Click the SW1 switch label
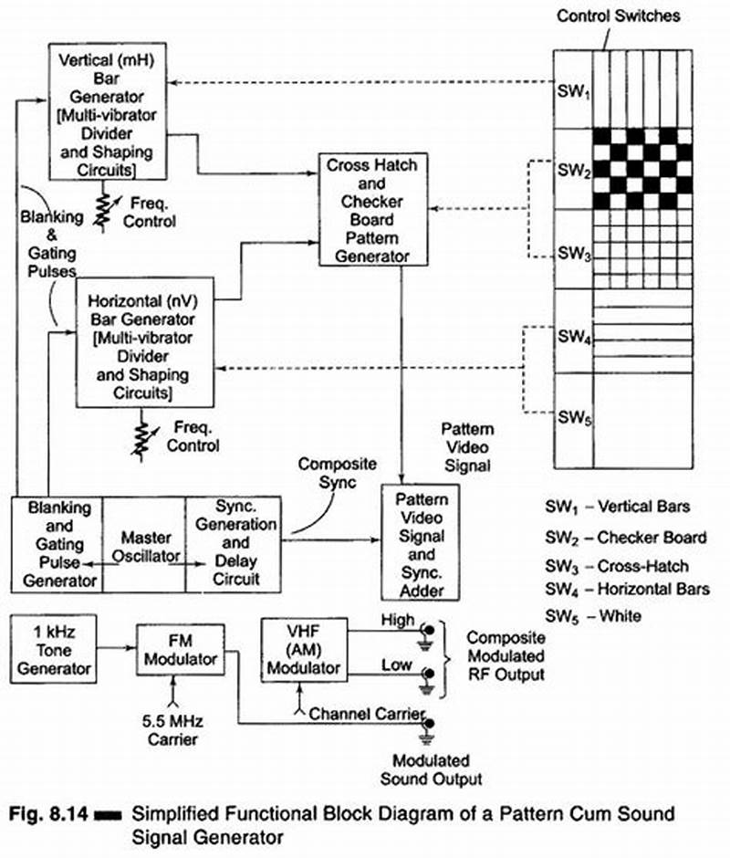coord(573,92)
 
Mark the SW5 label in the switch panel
coord(573,419)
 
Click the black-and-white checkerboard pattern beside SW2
coord(643,168)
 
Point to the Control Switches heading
coord(618,16)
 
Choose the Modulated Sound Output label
coord(430,769)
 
